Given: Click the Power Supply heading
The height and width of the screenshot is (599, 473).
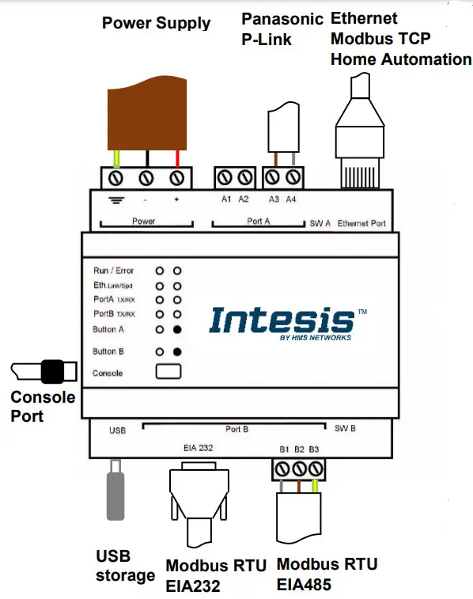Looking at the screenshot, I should [156, 22].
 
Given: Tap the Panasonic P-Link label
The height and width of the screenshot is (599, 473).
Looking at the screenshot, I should [282, 29].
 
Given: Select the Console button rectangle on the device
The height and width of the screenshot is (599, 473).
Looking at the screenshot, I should [168, 371].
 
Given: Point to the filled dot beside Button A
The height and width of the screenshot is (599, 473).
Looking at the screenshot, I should [178, 328].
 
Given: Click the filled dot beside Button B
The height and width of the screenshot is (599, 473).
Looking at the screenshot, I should [178, 351].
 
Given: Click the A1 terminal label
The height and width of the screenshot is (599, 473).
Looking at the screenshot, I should [226, 199].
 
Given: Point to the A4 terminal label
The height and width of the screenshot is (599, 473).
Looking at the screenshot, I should [292, 199].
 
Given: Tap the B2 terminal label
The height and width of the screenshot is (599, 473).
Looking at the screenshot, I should [299, 450].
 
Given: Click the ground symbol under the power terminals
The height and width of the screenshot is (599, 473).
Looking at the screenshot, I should [116, 200].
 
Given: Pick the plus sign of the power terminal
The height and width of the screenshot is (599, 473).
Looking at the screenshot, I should [176, 199].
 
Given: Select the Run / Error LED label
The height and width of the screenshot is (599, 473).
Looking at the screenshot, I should [114, 271].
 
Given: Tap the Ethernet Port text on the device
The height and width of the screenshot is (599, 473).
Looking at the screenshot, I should [361, 223].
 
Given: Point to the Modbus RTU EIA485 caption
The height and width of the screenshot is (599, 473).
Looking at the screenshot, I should [327, 574].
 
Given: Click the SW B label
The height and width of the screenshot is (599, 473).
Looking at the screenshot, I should [345, 428].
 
